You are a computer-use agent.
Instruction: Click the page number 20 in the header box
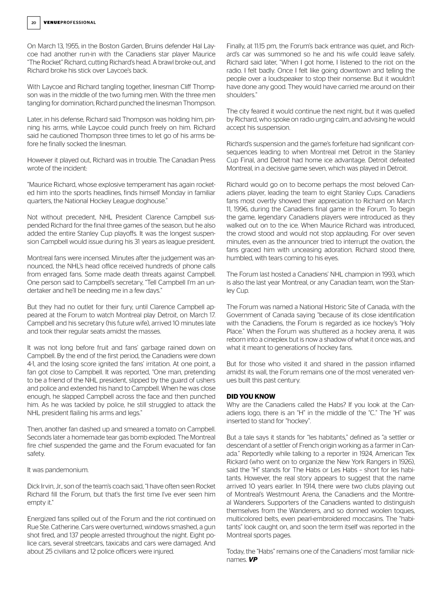(x=34, y=23)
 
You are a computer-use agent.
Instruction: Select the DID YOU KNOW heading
(x=251, y=396)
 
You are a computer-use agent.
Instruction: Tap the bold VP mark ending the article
(x=253, y=560)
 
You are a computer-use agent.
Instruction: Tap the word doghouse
(x=150, y=201)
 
